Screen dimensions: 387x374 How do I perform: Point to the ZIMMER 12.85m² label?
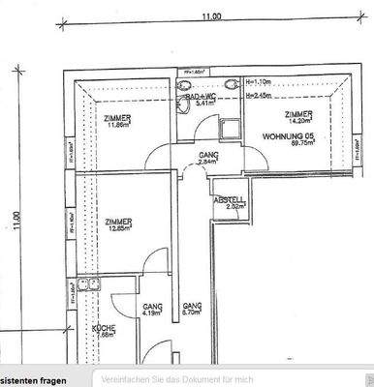click(120, 223)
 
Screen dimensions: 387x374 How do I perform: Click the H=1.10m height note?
click(259, 84)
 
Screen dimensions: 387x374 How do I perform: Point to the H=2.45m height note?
click(259, 96)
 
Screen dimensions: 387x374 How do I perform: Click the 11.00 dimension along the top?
click(211, 16)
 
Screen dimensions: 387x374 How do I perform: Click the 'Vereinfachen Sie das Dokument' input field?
click(233, 376)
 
